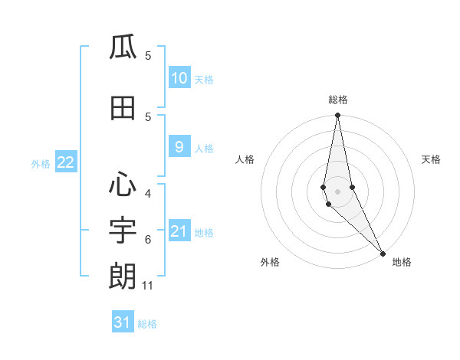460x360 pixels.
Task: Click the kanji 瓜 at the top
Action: coord(123,48)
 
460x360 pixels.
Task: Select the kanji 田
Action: coord(123,108)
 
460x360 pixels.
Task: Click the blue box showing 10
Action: coord(179,78)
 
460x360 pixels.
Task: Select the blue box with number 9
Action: coord(179,147)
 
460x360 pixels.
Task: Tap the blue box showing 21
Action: coord(179,231)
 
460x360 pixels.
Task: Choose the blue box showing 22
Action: coord(65,162)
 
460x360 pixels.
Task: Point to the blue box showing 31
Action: coord(123,322)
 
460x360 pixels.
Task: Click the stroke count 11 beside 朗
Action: coord(148,286)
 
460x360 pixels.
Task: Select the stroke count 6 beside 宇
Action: coord(148,240)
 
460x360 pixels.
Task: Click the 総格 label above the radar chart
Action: coord(337,100)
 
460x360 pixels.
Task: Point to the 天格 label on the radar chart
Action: coord(431,159)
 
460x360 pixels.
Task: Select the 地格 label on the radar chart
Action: coord(402,262)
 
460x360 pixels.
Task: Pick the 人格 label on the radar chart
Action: coord(245,159)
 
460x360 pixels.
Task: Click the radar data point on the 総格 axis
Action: coord(337,116)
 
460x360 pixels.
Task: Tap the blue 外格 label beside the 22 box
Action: coord(41,163)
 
